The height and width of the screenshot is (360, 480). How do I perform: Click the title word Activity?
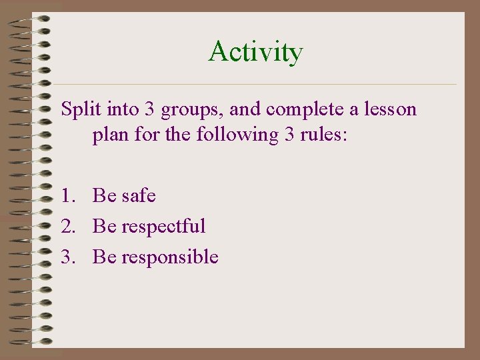255,52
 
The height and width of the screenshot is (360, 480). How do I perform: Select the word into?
116,109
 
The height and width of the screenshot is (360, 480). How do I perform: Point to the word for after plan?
145,135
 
